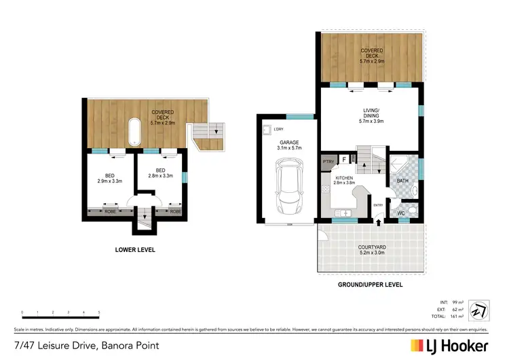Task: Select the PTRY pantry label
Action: click(328, 162)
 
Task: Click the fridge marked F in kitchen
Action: click(344, 160)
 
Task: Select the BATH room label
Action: click(402, 181)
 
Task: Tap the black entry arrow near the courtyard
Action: click(377, 222)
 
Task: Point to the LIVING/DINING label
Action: click(370, 119)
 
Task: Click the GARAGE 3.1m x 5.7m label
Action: click(284, 145)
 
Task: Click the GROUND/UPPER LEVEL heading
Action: click(370, 284)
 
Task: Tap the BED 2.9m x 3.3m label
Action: click(109, 179)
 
